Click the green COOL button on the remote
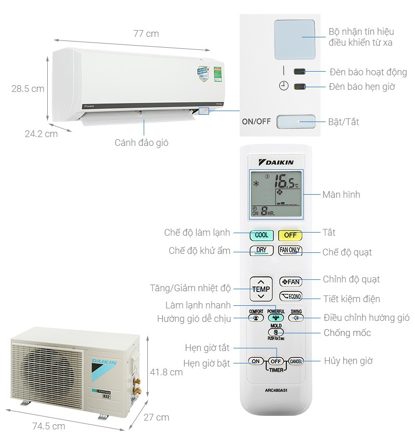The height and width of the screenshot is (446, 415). [x=261, y=235]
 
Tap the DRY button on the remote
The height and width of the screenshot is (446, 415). [x=261, y=250]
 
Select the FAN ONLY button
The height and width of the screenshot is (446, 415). [x=290, y=250]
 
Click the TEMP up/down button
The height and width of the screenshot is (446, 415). [x=261, y=288]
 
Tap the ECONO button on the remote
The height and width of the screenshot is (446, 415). [x=290, y=296]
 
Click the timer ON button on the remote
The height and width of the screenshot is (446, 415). [x=255, y=361]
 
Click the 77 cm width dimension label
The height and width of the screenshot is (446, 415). [x=146, y=34]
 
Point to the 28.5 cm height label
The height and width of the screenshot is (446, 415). [x=28, y=89]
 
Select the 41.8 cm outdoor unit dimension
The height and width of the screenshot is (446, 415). [x=166, y=372]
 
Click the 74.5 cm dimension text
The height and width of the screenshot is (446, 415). [x=48, y=426]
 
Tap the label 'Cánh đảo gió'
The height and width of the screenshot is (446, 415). [x=142, y=142]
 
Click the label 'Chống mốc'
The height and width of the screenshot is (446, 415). [x=347, y=333]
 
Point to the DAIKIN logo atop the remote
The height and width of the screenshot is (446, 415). [x=276, y=163]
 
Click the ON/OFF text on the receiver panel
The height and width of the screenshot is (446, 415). [x=256, y=121]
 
